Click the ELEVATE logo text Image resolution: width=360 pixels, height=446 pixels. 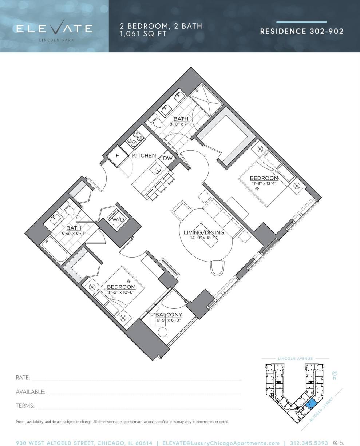pyautogui.click(x=54, y=29)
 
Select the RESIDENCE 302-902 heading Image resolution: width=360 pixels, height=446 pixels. pyautogui.click(x=301, y=31)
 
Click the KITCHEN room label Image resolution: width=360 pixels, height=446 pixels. pyautogui.click(x=144, y=156)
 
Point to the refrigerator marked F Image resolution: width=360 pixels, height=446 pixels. pyautogui.click(x=117, y=156)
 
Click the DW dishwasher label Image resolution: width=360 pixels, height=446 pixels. pyautogui.click(x=167, y=158)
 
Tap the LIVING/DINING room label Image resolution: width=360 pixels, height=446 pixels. pyautogui.click(x=203, y=232)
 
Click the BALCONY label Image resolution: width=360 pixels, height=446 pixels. pyautogui.click(x=169, y=315)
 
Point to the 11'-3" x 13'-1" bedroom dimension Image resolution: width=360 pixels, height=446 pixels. pyautogui.click(x=264, y=183)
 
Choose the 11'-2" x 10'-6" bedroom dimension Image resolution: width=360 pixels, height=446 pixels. pyautogui.click(x=121, y=292)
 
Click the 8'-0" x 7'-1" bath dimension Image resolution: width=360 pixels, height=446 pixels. pyautogui.click(x=181, y=124)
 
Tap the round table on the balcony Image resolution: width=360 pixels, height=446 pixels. pyautogui.click(x=162, y=332)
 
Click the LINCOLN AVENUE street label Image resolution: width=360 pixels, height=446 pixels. pyautogui.click(x=295, y=359)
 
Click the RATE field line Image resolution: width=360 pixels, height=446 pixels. pyautogui.click(x=137, y=380)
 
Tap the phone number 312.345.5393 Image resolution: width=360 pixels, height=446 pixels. pyautogui.click(x=309, y=443)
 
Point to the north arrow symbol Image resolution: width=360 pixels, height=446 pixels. pyautogui.click(x=335, y=373)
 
